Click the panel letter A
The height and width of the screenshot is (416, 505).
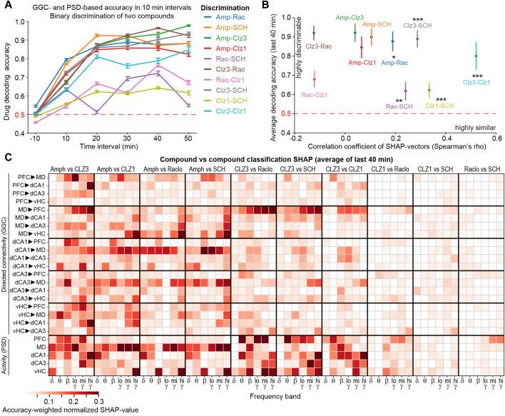(x=6, y=6)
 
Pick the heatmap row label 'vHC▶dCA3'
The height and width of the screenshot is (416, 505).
(x=32, y=330)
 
